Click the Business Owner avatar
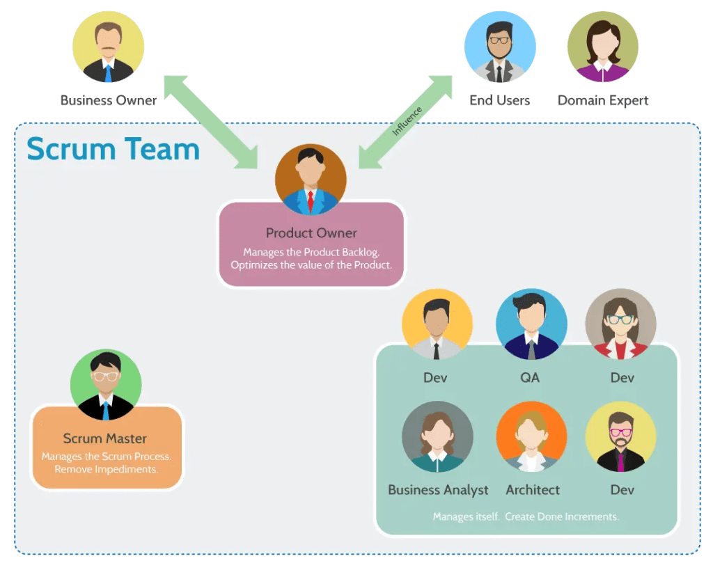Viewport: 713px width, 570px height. click(x=108, y=47)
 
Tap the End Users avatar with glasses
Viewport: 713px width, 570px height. click(x=499, y=47)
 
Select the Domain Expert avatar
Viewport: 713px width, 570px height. click(x=602, y=47)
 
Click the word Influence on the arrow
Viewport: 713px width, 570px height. click(x=407, y=120)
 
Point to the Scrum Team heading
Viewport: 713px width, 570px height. click(x=113, y=150)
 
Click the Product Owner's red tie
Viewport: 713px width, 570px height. click(x=311, y=200)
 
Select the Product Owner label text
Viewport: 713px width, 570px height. click(x=311, y=233)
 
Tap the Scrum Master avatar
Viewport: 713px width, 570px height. click(x=106, y=385)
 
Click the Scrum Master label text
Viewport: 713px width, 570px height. click(x=105, y=438)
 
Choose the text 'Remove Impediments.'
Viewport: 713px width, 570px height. click(x=106, y=469)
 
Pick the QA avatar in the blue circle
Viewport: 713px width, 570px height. click(x=531, y=324)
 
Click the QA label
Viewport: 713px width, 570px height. click(x=530, y=378)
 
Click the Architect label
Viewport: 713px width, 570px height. click(x=533, y=490)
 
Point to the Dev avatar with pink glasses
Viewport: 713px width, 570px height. click(x=621, y=437)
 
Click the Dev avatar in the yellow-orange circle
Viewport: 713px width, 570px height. click(x=437, y=324)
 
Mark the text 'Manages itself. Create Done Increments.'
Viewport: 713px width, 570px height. click(x=526, y=517)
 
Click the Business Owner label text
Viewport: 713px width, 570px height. click(x=109, y=100)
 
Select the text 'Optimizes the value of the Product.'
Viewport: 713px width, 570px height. click(x=311, y=265)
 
